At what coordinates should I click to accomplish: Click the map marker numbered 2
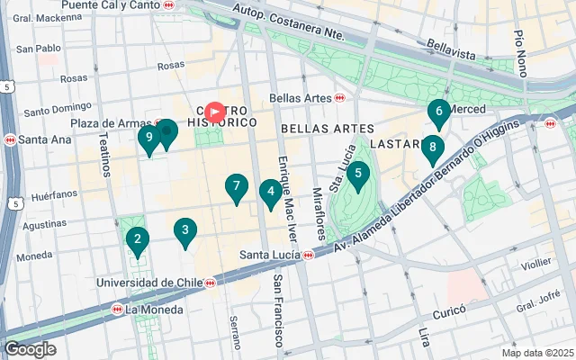pos(137,239)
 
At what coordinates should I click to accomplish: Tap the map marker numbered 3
pos(184,230)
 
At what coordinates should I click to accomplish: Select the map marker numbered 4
pos(269,192)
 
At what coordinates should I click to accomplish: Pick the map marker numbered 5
pos(357,175)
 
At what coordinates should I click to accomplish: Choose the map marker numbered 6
pos(438,114)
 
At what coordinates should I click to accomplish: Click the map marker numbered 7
pos(236,187)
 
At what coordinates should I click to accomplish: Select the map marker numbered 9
pos(149,139)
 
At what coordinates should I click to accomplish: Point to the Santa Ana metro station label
pos(32,139)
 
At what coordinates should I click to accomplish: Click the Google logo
pos(30,349)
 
